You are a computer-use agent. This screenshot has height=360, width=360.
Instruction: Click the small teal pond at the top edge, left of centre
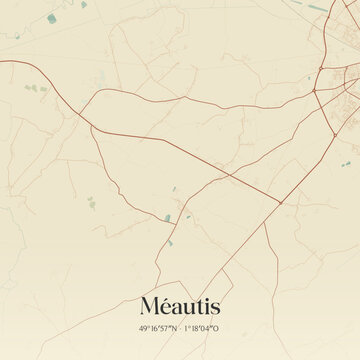click(x=83, y=4)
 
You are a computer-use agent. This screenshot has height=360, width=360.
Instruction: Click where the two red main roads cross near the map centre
click(x=229, y=176)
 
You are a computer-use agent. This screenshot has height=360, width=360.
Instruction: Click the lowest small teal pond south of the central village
click(x=171, y=243)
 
